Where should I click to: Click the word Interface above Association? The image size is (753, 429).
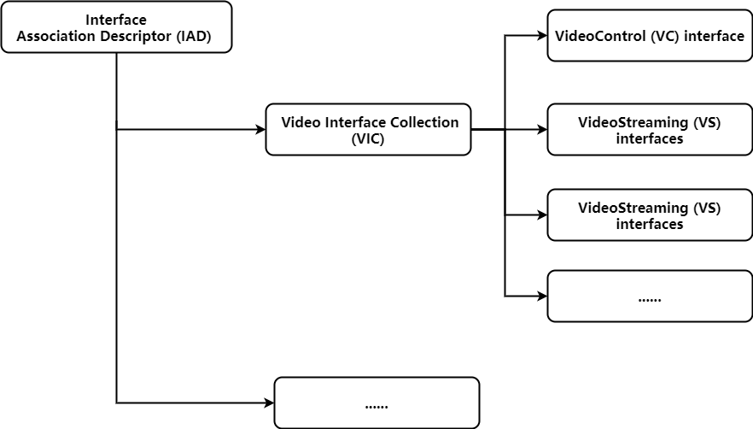116,20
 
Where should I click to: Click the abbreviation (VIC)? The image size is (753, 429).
368,138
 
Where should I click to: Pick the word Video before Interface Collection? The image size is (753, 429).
301,122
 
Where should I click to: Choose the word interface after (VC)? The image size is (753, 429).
715,36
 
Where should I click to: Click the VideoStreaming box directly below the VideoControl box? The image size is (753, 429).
649,130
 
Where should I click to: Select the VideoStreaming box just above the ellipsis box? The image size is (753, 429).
649,215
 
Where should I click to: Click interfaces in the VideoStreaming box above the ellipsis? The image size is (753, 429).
649,224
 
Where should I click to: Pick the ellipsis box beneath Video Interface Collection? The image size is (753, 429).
376,403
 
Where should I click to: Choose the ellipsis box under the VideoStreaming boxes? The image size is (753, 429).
649,297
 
